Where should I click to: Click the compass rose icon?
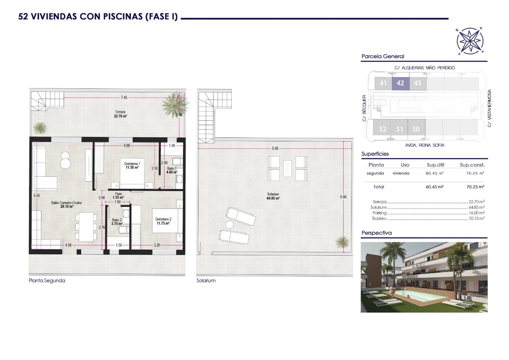(x=470, y=41)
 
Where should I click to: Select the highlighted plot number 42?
(x=400, y=83)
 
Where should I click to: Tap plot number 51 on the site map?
(x=399, y=129)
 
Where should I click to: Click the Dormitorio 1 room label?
(x=132, y=166)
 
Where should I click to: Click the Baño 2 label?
(x=117, y=222)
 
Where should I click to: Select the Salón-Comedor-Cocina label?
(x=66, y=205)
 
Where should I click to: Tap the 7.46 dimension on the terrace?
(x=124, y=98)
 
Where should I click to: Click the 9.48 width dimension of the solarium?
(x=275, y=149)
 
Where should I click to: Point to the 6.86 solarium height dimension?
(x=343, y=197)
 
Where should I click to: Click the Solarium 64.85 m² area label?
(x=273, y=196)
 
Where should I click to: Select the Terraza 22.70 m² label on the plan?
(x=121, y=114)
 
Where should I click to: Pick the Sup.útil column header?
(x=435, y=165)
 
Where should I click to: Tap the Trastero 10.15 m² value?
(x=477, y=218)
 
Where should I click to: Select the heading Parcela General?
(x=383, y=56)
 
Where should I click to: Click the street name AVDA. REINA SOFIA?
(x=424, y=145)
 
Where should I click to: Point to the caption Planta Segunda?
(x=47, y=281)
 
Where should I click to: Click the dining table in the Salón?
(x=86, y=227)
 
